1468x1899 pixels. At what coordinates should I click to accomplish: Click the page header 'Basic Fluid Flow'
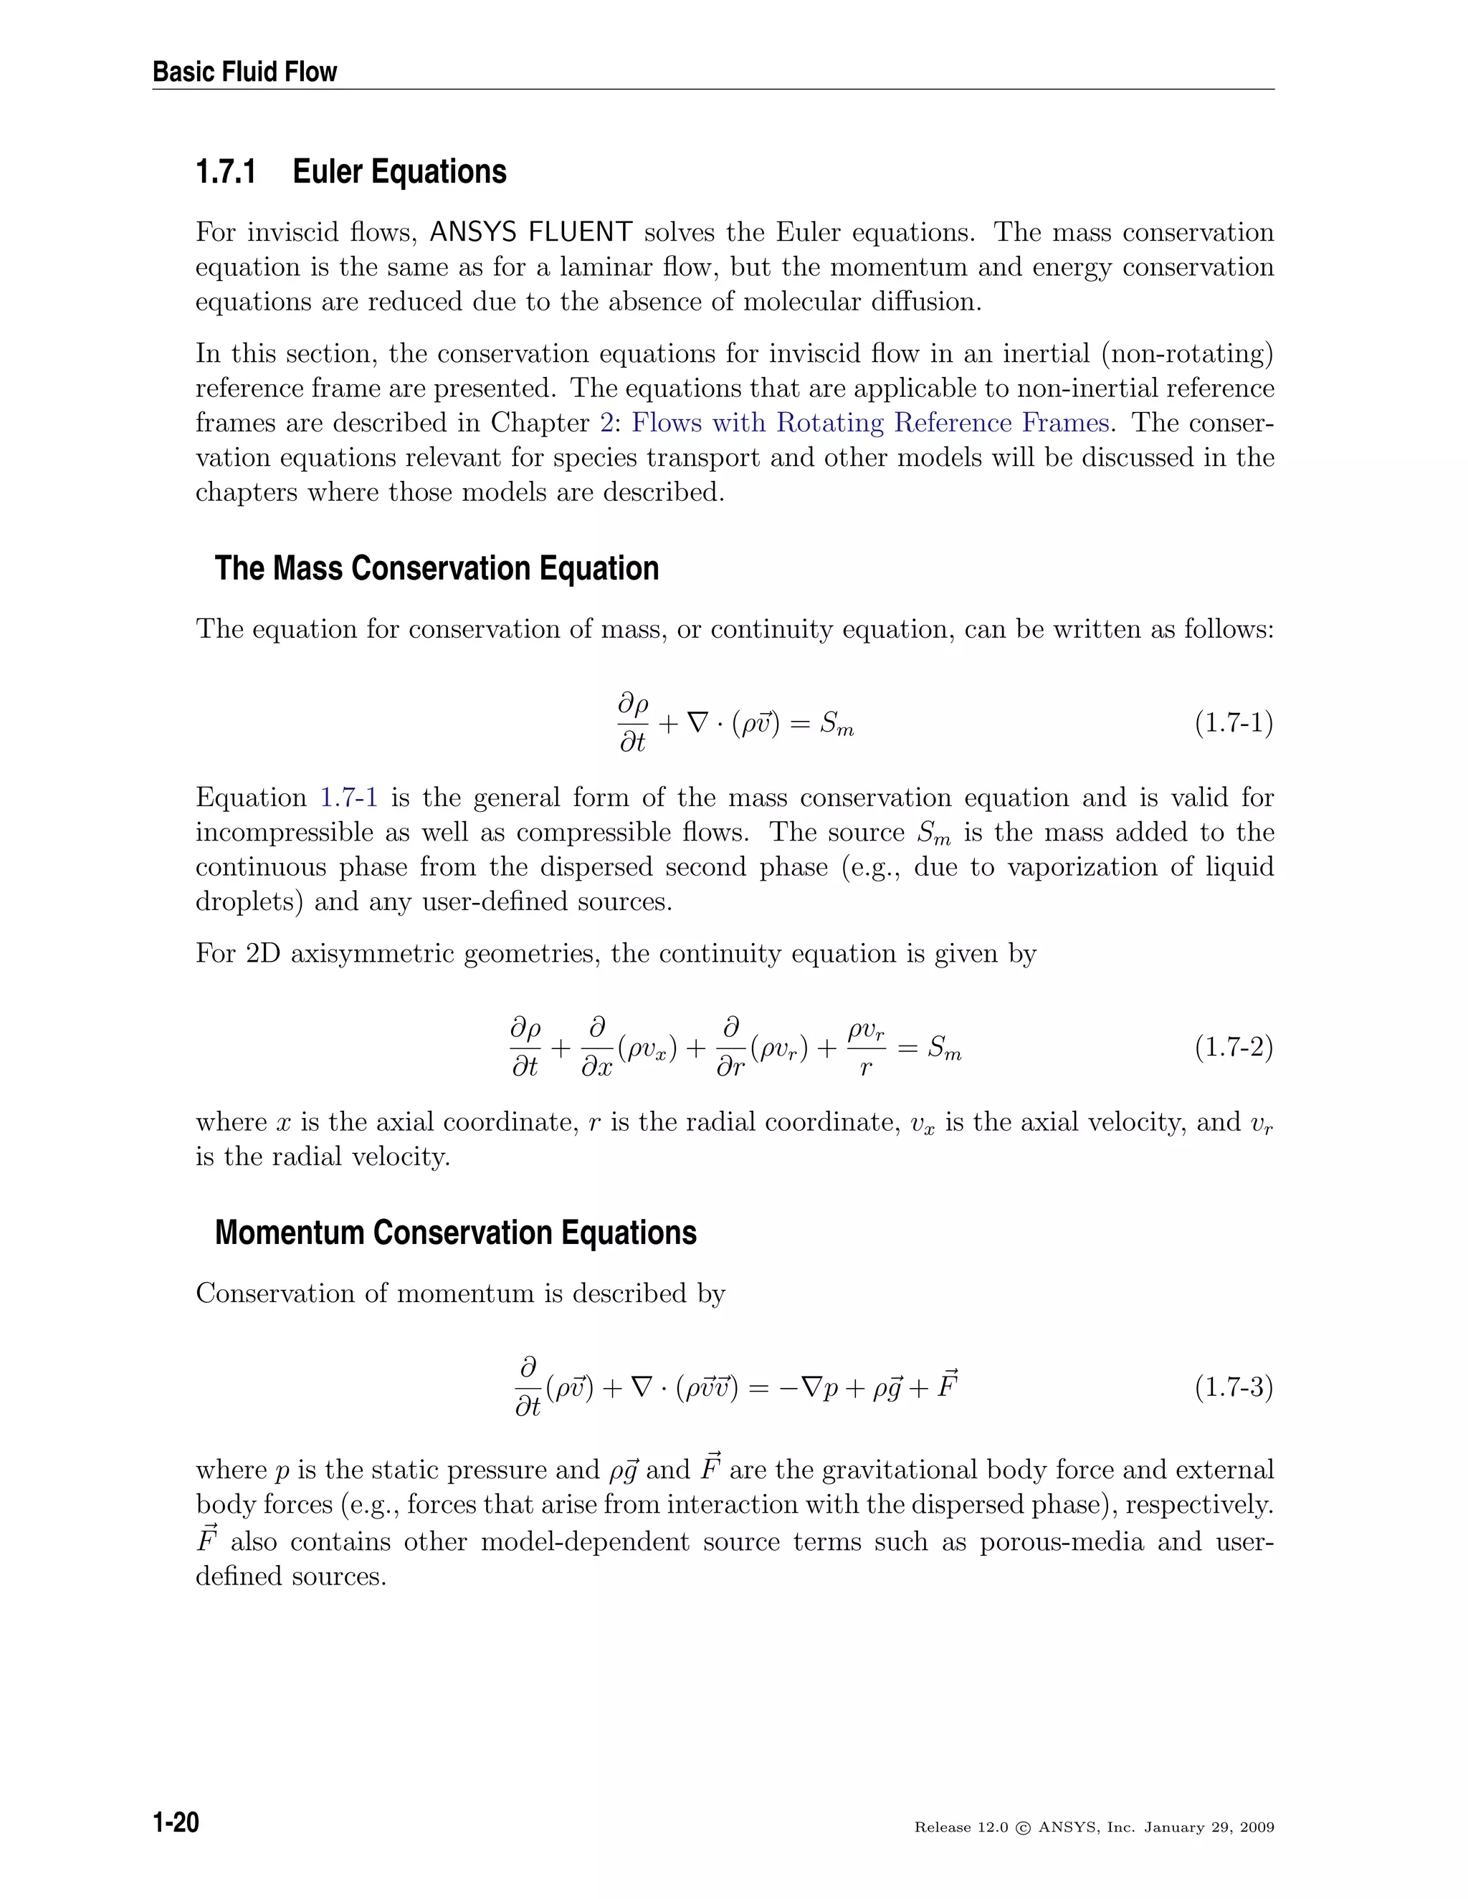(x=244, y=71)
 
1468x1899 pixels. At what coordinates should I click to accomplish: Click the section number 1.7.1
(x=226, y=171)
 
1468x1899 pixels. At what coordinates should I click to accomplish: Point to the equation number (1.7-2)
(x=1233, y=1048)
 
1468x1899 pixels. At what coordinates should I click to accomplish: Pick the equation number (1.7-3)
(x=1233, y=1387)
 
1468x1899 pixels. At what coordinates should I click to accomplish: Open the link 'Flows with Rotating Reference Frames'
(x=870, y=423)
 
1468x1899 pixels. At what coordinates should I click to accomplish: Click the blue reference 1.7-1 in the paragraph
(x=349, y=798)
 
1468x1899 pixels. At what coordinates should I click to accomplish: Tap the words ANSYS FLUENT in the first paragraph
(x=530, y=232)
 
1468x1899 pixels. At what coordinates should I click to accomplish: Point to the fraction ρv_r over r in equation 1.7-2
(x=866, y=1048)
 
